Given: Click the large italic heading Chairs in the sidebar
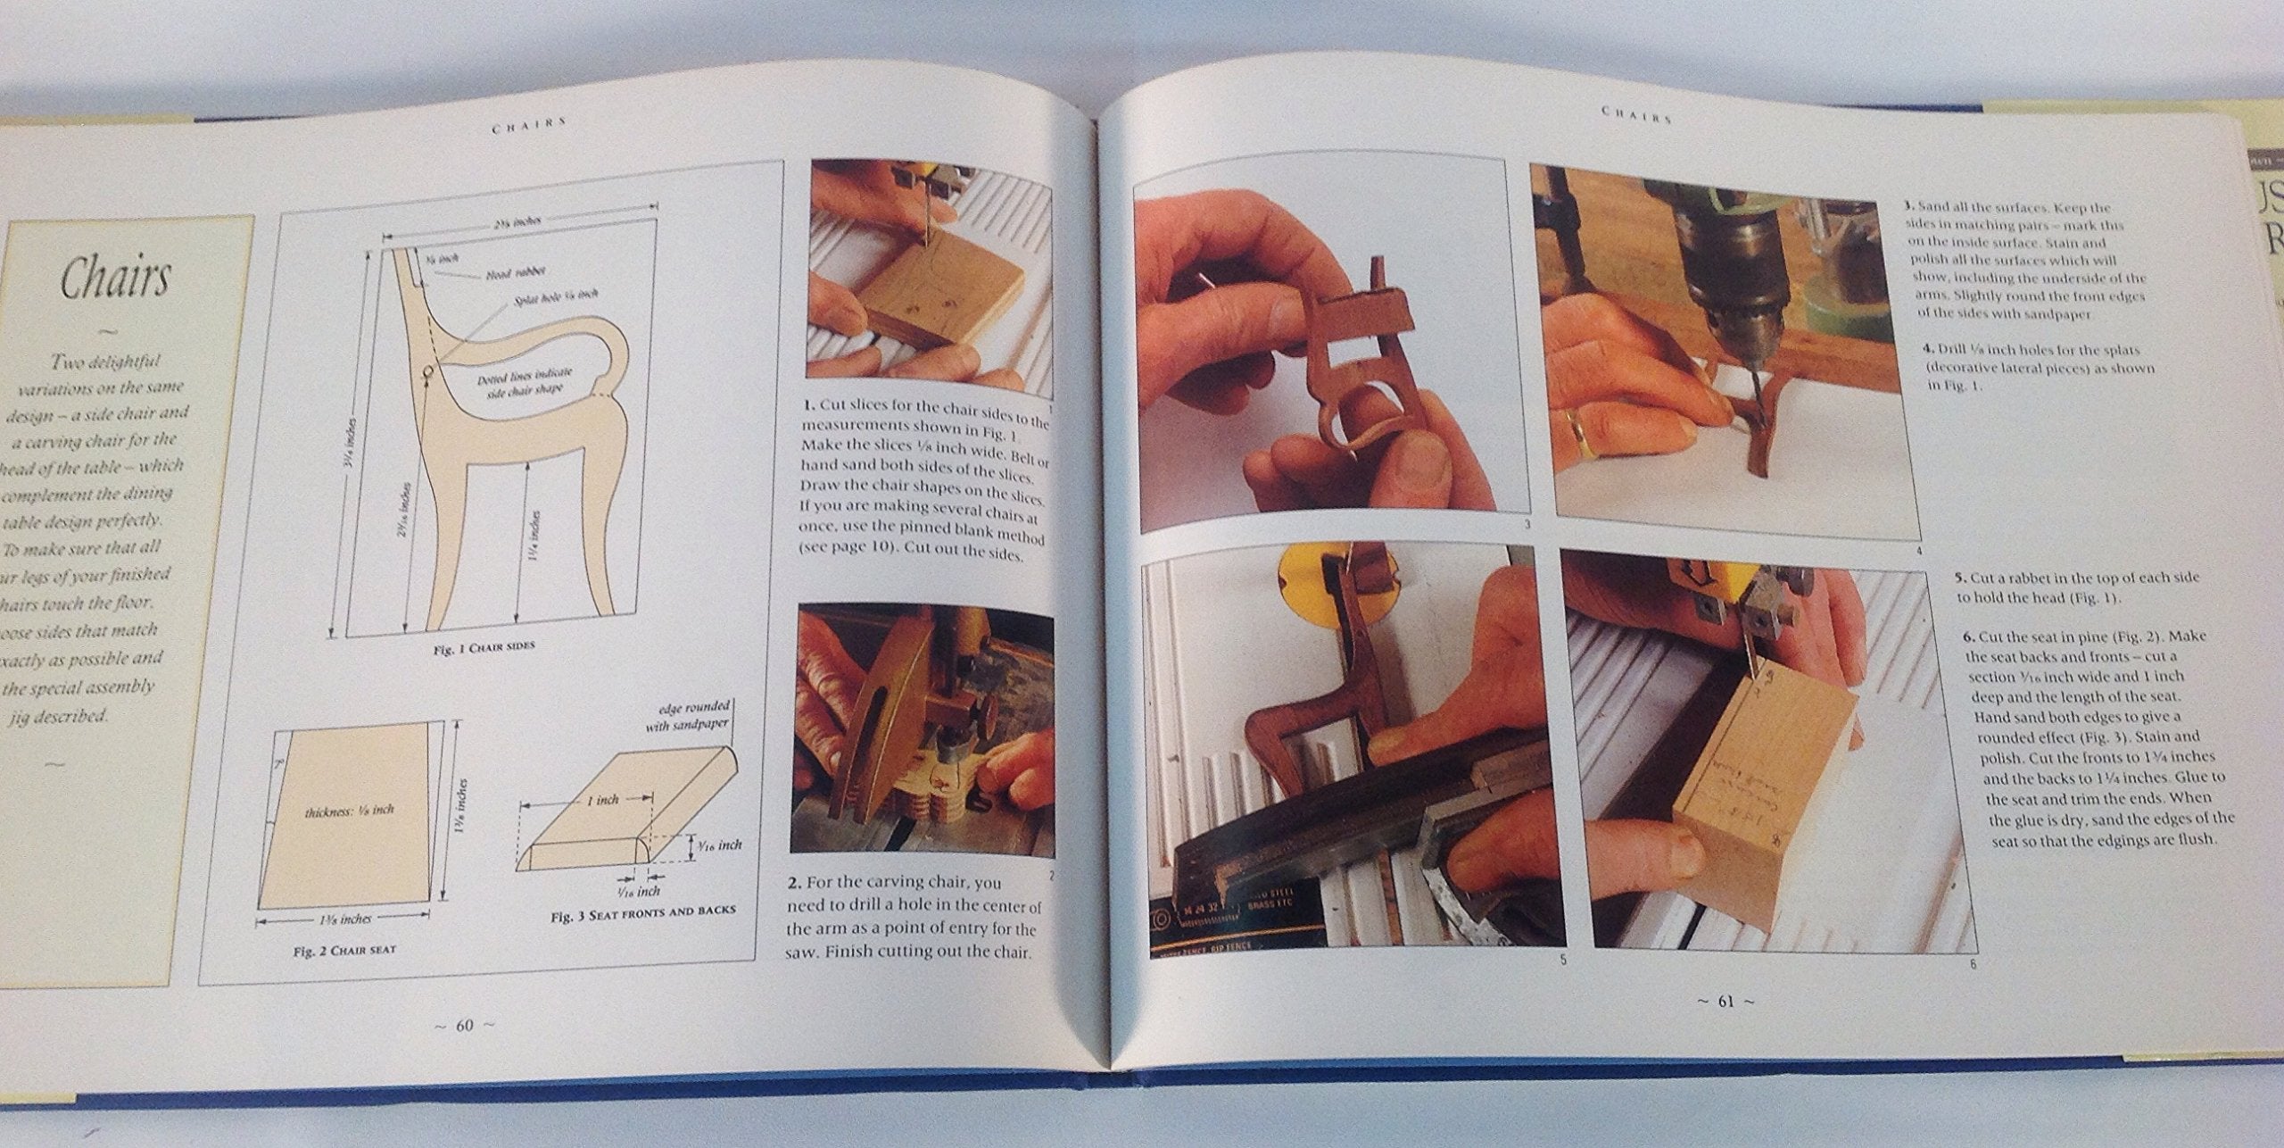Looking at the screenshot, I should [x=114, y=279].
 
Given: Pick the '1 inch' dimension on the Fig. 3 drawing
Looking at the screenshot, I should [x=603, y=800].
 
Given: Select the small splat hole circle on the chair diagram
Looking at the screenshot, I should [x=428, y=370].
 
